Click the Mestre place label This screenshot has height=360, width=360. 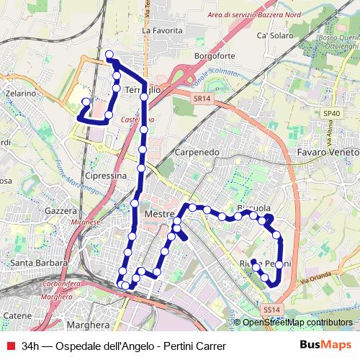point(160,215)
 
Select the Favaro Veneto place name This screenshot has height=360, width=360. point(327,153)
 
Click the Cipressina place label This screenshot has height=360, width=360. point(105,175)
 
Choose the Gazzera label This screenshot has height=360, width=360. point(60,211)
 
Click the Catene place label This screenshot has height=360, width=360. point(17,315)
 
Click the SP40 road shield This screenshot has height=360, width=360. point(331,113)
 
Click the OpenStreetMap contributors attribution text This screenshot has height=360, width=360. point(297,323)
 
